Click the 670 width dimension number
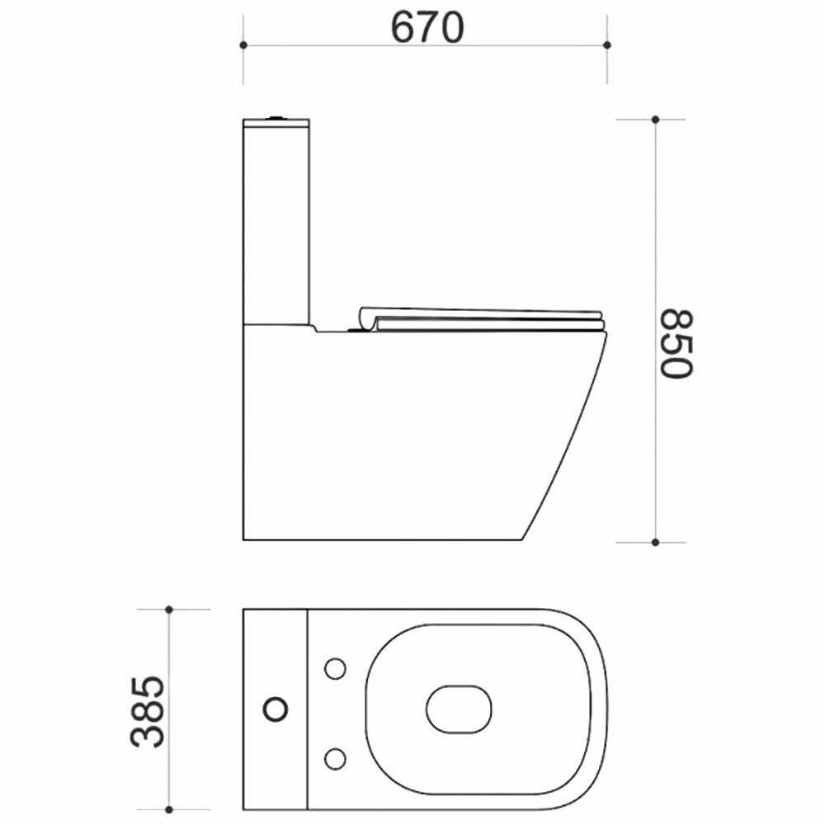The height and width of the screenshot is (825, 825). tap(427, 26)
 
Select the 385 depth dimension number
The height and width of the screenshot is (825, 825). tap(148, 711)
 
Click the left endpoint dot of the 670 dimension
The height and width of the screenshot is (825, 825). tap(243, 45)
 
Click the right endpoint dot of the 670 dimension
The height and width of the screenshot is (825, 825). tap(607, 45)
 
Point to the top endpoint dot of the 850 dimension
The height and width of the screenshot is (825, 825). tap(655, 120)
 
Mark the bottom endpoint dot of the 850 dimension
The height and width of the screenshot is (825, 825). tap(655, 543)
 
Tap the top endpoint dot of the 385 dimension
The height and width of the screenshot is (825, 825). tap(169, 610)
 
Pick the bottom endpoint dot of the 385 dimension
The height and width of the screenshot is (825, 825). tap(169, 809)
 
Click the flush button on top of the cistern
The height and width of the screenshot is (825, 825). tap(276, 117)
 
